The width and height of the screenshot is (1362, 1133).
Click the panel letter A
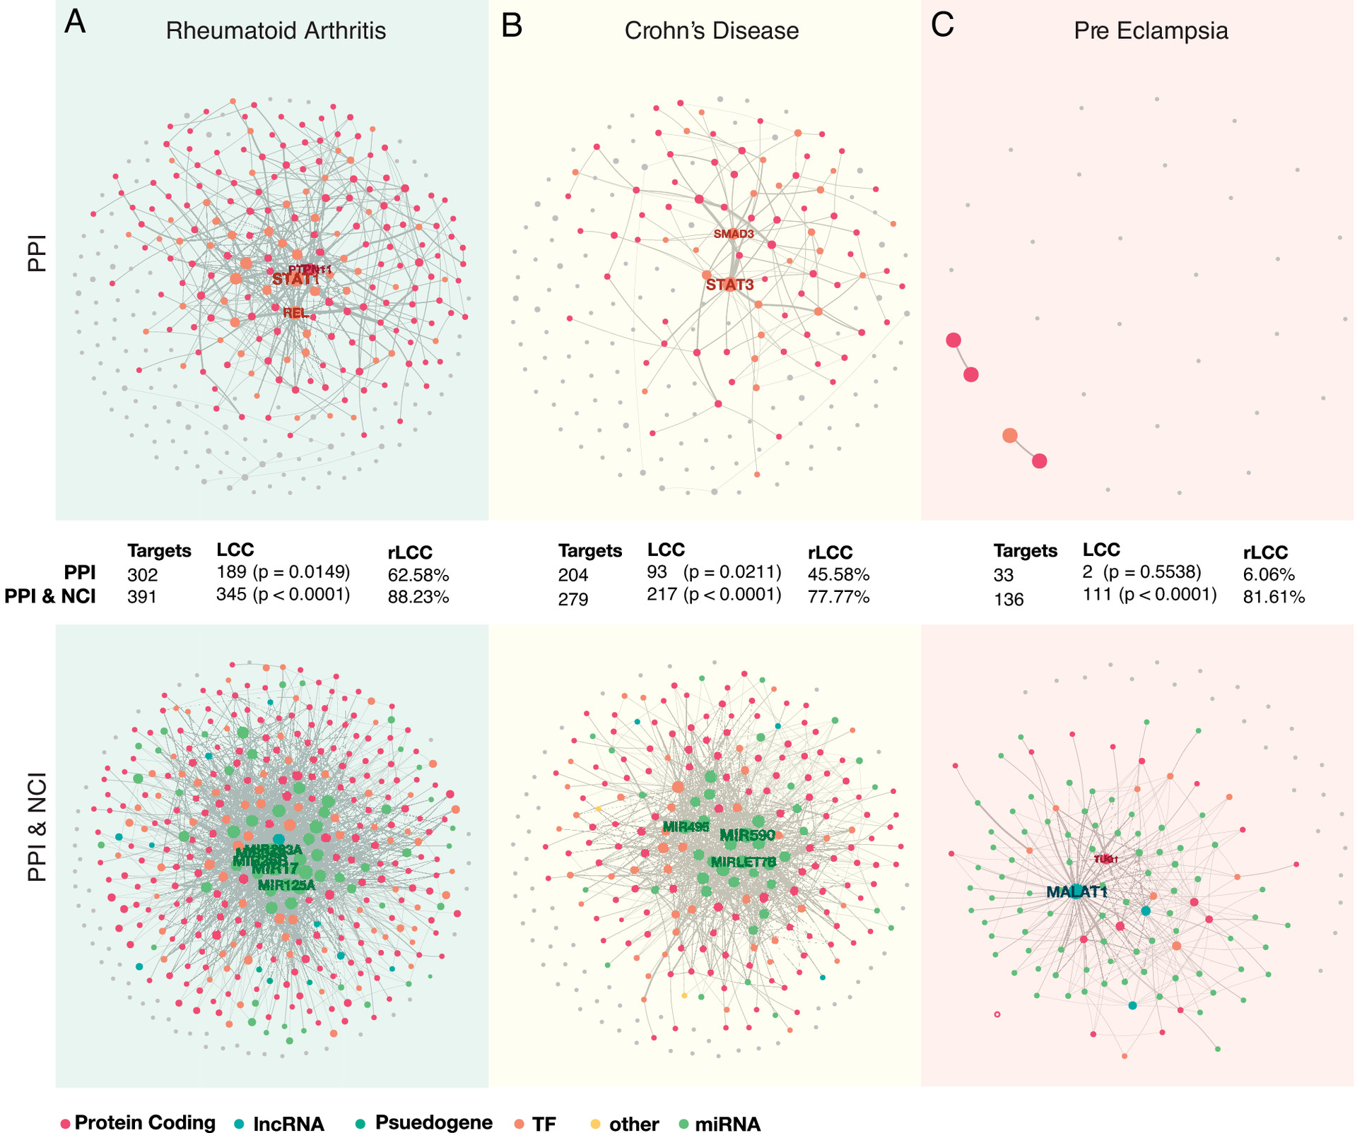tap(74, 23)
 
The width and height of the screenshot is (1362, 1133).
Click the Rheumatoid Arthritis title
tap(276, 31)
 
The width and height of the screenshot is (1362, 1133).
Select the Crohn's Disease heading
tap(711, 31)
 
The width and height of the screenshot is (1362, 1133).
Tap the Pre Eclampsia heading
tap(1151, 31)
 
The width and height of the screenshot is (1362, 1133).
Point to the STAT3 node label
tap(729, 285)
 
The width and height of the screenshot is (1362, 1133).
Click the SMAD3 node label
tap(734, 234)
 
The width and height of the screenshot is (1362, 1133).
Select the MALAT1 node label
tap(1076, 891)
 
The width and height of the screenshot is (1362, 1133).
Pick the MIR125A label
tap(286, 884)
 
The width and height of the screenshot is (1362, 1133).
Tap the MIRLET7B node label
tap(743, 862)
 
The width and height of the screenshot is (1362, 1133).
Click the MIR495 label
tap(686, 826)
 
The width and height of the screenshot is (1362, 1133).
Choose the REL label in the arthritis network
tap(296, 312)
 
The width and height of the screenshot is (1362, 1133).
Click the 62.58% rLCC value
tap(418, 575)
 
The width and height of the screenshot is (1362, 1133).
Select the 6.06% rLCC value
tap(1269, 575)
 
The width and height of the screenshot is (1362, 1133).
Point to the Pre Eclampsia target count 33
tap(1003, 575)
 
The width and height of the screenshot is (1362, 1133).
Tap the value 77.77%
tap(838, 597)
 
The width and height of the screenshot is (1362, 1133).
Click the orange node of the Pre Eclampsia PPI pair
tap(1010, 436)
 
